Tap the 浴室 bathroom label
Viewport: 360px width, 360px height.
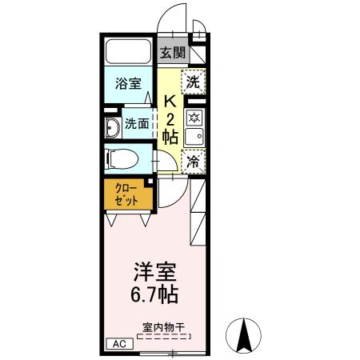click(x=126, y=82)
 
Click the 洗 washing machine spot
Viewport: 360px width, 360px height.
click(x=194, y=81)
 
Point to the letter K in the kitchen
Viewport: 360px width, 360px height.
click(x=170, y=102)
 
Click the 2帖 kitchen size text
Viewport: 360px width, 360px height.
click(x=170, y=128)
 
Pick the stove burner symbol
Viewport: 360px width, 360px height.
click(x=194, y=117)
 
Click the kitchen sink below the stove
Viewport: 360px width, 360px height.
click(x=194, y=137)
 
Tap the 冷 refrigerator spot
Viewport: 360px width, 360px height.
click(x=194, y=162)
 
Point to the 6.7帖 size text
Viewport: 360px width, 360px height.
click(x=156, y=294)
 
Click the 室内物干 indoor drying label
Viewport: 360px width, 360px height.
click(x=164, y=326)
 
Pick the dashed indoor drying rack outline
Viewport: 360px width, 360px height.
click(x=165, y=338)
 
